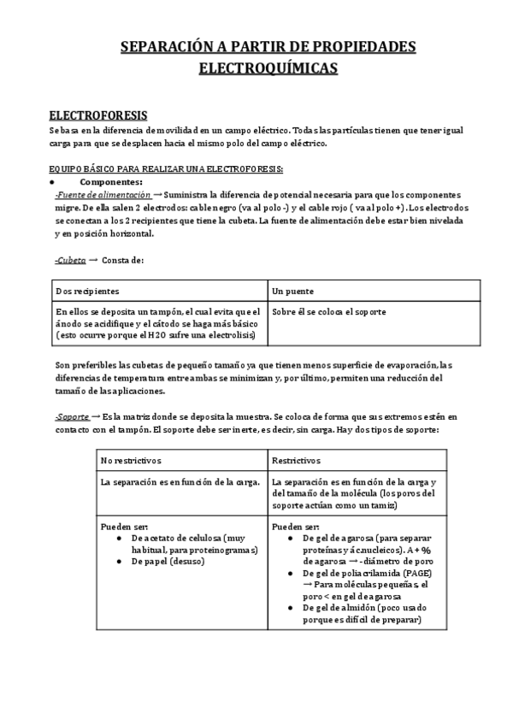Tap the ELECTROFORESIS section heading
coord(97,115)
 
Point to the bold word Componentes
coord(111,182)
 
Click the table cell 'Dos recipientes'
coord(88,292)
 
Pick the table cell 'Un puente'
coord(292,292)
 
